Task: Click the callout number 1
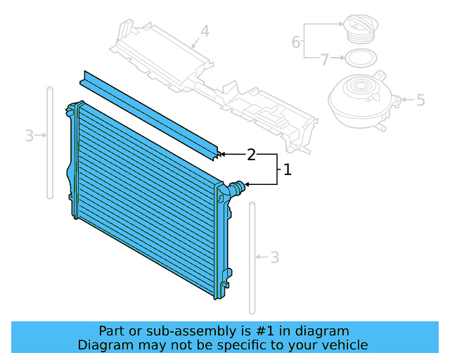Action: (x=286, y=169)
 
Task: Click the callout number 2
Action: (x=251, y=154)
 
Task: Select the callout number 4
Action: (x=205, y=31)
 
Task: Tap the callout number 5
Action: (x=420, y=101)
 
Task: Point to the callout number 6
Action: (x=296, y=43)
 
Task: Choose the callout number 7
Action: (x=324, y=60)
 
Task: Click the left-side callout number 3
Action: (x=29, y=136)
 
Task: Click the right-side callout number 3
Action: (x=274, y=258)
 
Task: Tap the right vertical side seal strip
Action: (x=252, y=257)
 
